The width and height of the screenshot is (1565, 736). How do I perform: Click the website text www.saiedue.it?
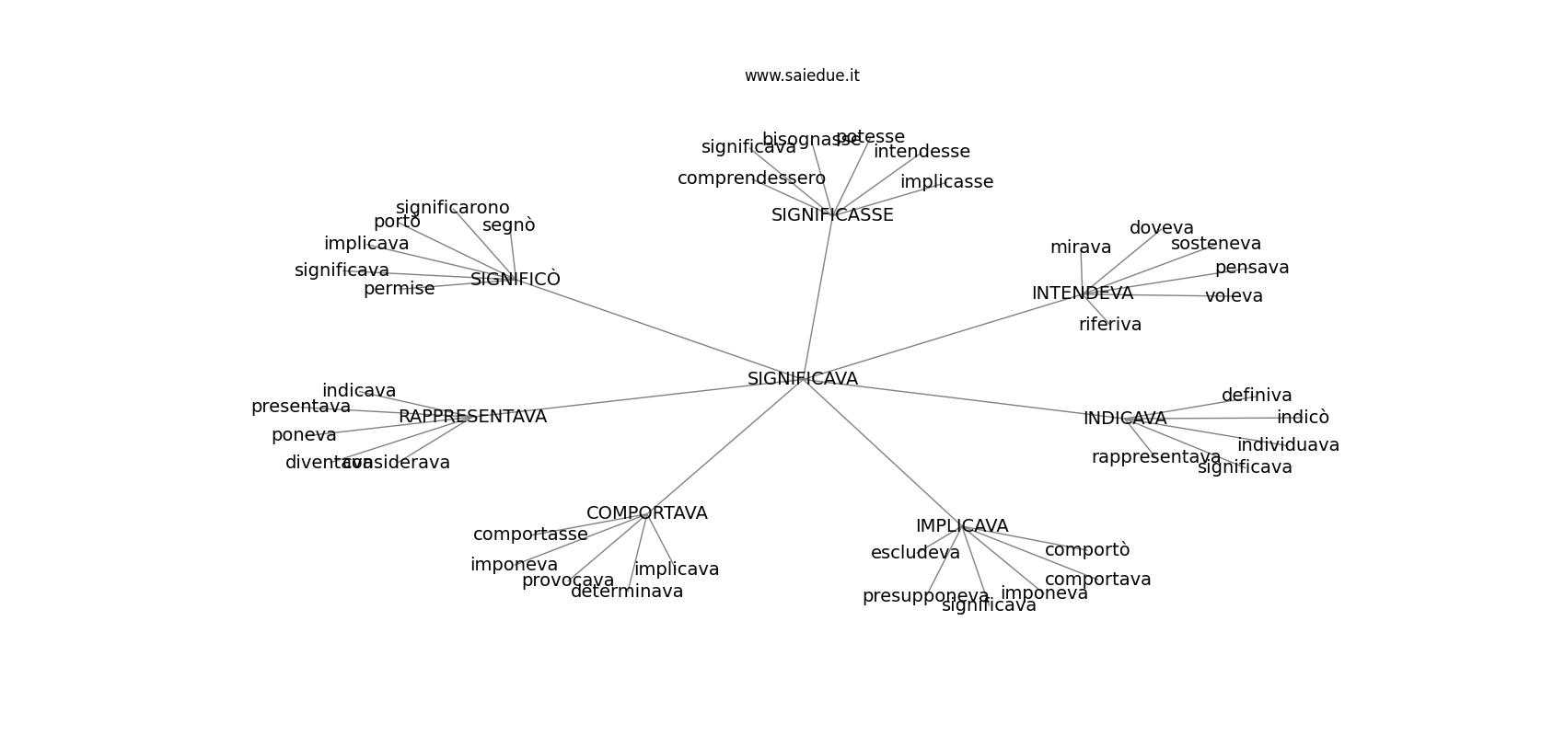[802, 75]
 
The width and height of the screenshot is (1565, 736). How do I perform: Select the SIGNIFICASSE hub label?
[832, 215]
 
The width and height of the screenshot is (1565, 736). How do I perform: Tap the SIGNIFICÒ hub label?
[515, 279]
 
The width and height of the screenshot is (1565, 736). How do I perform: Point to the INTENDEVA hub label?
[1082, 293]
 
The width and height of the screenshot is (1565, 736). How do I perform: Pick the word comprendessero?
[751, 178]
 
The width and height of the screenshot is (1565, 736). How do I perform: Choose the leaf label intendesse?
[922, 152]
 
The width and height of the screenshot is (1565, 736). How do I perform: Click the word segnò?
[508, 225]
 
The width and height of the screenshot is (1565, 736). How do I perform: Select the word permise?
[399, 289]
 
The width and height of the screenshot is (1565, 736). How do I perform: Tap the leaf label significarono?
[452, 208]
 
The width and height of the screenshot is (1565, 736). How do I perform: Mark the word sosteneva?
[1215, 244]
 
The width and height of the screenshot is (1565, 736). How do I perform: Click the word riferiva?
[1109, 325]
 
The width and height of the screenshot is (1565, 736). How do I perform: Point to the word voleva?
[1234, 296]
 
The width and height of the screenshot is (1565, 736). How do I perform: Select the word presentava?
[300, 407]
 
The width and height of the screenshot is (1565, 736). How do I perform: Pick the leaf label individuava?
[1287, 445]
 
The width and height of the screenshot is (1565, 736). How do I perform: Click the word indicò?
[1303, 418]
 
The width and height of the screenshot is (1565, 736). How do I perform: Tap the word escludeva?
[915, 553]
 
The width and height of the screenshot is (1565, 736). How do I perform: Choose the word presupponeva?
[925, 596]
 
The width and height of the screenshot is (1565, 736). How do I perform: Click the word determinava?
[627, 592]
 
